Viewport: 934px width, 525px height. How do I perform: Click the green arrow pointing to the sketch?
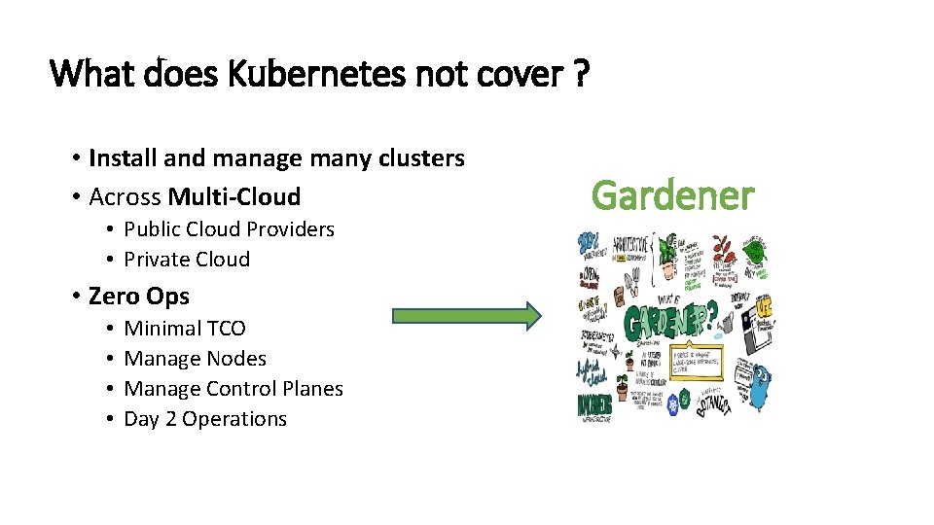[465, 315]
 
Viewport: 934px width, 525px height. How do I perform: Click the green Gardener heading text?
[672, 195]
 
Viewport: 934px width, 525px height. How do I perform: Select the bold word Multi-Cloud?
[233, 197]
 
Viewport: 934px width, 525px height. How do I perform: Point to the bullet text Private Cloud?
[187, 260]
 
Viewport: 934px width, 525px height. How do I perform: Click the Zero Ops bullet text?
[138, 296]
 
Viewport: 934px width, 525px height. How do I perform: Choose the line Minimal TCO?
[185, 329]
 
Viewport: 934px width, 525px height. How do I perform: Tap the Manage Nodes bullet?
[195, 359]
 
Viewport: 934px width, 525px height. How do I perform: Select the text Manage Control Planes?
[233, 389]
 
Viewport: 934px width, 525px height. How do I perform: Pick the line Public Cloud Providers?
[229, 229]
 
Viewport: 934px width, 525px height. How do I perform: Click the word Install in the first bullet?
[124, 157]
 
